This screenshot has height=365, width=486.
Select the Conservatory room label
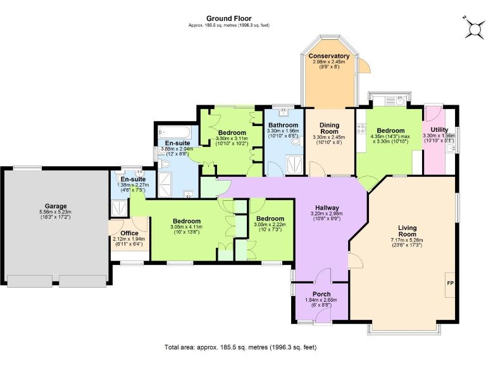[x=329, y=56]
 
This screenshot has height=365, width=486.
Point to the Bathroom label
[x=282, y=125]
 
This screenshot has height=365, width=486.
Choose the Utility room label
[x=439, y=129]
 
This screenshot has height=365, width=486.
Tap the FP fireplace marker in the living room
[x=450, y=283]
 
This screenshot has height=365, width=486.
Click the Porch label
[x=321, y=294]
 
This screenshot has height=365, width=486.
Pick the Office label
[x=129, y=233]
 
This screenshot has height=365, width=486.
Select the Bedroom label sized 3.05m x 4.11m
[x=186, y=221]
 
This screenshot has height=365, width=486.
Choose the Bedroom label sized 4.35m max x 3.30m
[x=389, y=131]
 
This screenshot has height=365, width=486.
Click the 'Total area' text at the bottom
[x=240, y=347]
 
